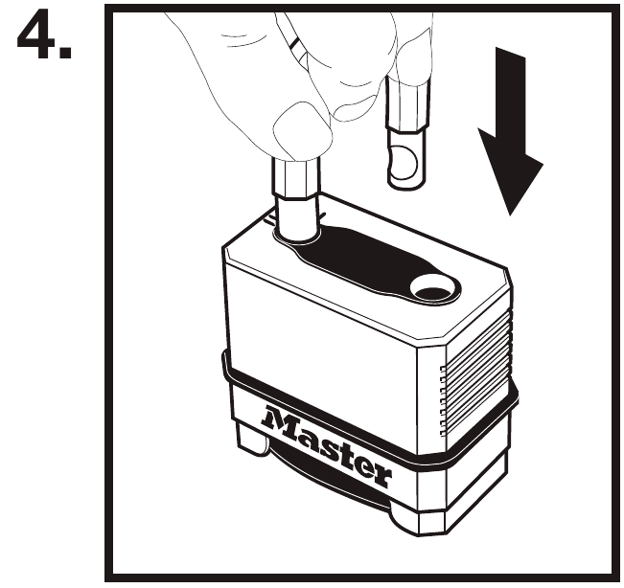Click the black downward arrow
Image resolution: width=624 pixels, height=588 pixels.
511,131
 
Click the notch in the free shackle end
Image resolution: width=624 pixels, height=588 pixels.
403,163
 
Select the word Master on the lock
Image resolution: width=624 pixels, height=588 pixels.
326,446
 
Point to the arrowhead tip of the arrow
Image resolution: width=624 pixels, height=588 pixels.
510,215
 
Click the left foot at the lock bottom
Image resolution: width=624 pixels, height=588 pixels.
251,438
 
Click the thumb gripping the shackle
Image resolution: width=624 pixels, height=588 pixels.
303,131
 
